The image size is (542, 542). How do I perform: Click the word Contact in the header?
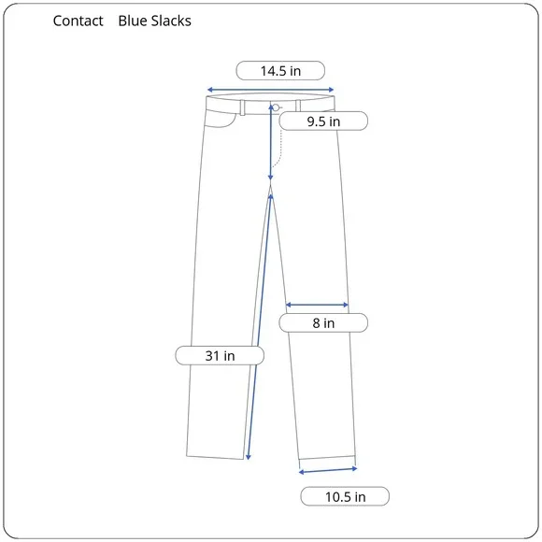click(78, 21)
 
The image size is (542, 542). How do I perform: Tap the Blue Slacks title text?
click(154, 21)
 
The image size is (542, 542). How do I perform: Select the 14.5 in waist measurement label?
click(280, 71)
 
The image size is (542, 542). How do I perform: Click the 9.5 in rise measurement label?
click(323, 121)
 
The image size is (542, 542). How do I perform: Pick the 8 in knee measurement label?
click(323, 322)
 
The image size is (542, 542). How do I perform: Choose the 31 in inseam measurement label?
click(220, 355)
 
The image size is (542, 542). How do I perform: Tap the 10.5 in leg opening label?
click(345, 496)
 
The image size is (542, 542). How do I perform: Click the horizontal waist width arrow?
click(270, 90)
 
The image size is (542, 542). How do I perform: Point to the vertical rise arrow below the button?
click(271, 142)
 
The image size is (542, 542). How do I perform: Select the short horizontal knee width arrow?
click(317, 305)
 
